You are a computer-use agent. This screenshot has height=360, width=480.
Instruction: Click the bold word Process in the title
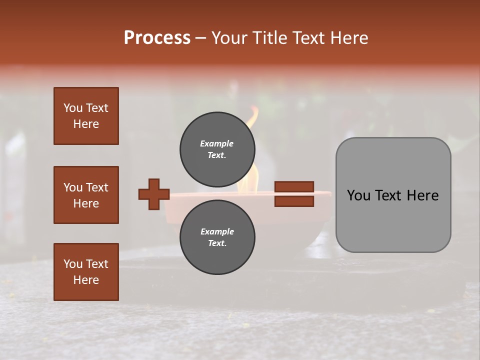[x=157, y=38]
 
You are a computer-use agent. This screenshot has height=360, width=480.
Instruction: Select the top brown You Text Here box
[x=86, y=116]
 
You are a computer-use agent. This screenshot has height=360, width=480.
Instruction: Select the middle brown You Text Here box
[x=86, y=195]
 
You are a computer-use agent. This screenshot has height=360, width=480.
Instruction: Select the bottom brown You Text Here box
[x=86, y=272]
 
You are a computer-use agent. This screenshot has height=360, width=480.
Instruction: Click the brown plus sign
[x=154, y=194]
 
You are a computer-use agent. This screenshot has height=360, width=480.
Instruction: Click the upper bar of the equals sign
[x=294, y=187]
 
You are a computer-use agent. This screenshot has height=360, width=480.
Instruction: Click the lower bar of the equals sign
[x=294, y=201]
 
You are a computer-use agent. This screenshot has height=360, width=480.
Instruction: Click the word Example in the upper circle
[x=217, y=143]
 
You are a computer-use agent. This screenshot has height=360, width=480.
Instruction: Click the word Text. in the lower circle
[x=217, y=243]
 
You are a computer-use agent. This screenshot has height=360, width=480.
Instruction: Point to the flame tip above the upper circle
[x=254, y=111]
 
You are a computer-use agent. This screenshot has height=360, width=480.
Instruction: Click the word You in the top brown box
[x=72, y=108]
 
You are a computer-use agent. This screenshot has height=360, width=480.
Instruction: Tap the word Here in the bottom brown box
[x=86, y=280]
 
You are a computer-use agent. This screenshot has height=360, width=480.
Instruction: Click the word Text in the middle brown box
[x=96, y=187]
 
